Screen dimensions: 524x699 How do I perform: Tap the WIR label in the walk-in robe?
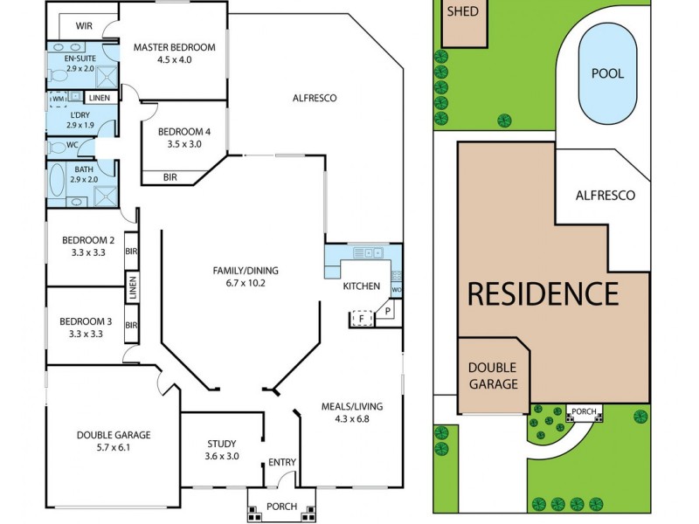(x=84, y=26)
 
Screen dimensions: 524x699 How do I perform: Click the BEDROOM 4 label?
(x=183, y=132)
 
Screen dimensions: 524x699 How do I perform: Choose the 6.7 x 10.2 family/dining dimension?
(x=239, y=282)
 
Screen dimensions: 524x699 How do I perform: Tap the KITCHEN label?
(x=361, y=286)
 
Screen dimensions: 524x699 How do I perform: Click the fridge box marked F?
(x=360, y=320)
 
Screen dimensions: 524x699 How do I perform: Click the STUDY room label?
(x=221, y=443)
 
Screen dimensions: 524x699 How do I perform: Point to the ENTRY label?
(x=281, y=462)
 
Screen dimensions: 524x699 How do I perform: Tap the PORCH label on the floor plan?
(x=281, y=507)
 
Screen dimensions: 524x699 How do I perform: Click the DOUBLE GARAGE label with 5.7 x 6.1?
(x=114, y=435)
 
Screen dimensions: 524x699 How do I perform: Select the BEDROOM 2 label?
(x=87, y=240)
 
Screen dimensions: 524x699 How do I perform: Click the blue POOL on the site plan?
(x=607, y=73)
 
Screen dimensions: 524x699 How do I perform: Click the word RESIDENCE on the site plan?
(x=543, y=293)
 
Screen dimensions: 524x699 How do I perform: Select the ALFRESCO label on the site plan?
(x=605, y=195)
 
